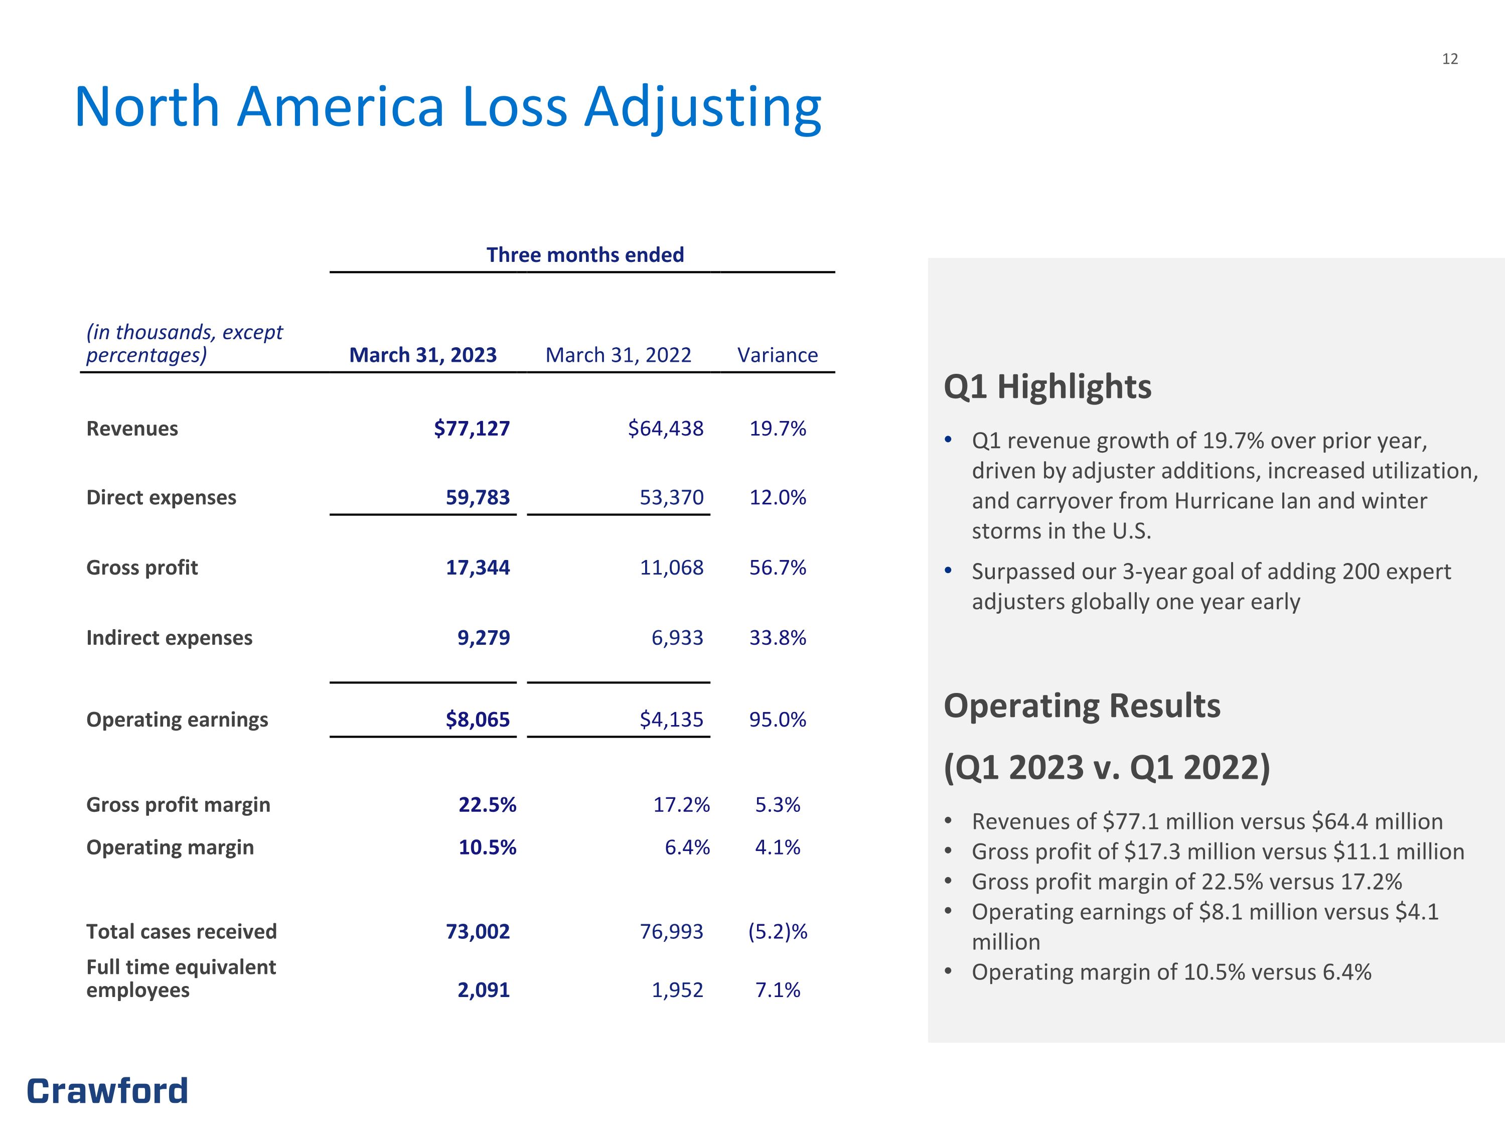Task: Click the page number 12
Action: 1450,59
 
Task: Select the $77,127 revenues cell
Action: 472,428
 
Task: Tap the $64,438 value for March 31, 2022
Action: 665,428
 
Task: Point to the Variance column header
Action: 778,355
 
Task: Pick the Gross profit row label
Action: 142,568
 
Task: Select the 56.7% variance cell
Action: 778,567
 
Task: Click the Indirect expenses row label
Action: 170,638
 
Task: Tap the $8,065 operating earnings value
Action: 478,720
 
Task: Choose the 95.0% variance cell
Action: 778,720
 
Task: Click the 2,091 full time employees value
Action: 484,990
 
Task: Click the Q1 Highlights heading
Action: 1048,386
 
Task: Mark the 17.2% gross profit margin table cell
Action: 682,804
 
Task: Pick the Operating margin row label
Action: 170,848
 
